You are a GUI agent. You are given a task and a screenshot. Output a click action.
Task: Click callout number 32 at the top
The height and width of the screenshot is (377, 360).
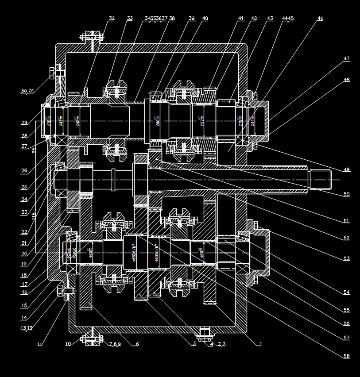tap(112, 19)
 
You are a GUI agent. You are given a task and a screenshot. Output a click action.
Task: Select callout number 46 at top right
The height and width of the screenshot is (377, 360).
tap(320, 19)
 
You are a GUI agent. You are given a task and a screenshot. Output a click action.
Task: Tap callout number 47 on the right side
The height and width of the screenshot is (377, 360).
tap(346, 58)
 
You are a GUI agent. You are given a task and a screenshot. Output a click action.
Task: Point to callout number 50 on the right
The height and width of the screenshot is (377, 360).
tap(346, 194)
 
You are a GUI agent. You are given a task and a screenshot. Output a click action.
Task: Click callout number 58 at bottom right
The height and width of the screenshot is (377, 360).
tap(346, 356)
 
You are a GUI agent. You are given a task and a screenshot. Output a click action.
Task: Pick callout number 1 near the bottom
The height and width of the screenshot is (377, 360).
tap(261, 343)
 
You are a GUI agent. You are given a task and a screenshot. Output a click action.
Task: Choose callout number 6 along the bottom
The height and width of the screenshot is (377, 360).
tap(137, 343)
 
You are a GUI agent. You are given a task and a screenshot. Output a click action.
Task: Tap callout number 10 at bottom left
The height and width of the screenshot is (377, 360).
tap(68, 343)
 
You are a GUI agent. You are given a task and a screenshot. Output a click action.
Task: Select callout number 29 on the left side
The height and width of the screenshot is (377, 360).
tap(24, 123)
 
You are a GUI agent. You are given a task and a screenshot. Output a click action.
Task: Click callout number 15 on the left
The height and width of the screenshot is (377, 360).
tap(24, 305)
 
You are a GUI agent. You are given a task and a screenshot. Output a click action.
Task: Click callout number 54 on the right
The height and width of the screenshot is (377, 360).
tap(346, 292)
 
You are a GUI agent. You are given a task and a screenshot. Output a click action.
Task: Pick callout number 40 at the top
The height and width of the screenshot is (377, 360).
tap(205, 19)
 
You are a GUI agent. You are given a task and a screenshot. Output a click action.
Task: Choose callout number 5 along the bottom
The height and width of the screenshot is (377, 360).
tap(194, 343)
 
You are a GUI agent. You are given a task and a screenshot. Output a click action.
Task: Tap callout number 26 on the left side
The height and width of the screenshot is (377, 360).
tap(24, 170)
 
